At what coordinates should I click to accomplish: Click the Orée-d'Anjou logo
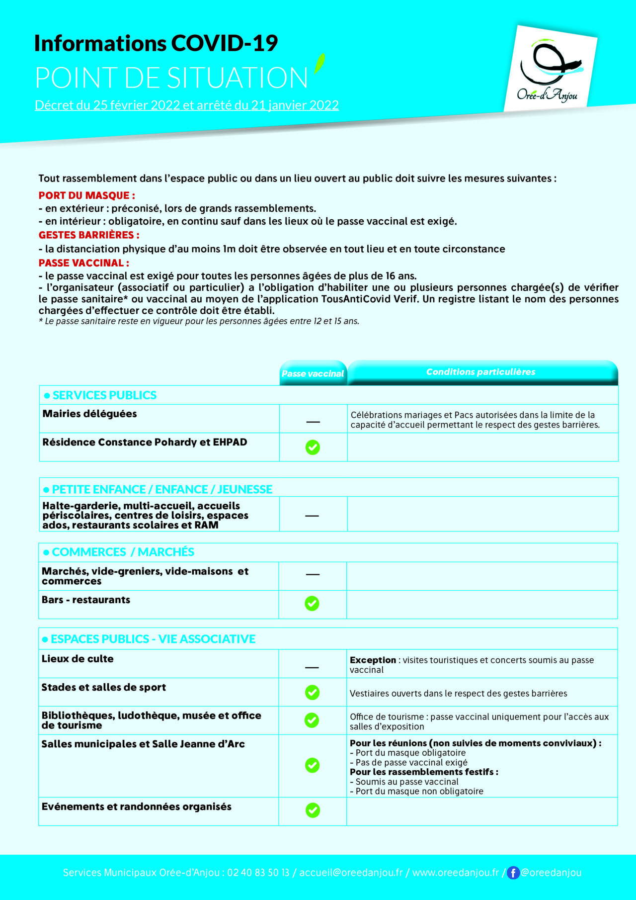(550, 69)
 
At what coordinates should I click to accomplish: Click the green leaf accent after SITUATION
(319, 64)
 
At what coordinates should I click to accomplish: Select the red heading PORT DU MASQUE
(87, 195)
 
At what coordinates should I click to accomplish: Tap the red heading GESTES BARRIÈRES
(89, 235)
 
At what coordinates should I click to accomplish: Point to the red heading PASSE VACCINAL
(84, 263)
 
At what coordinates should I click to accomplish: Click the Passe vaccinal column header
(313, 373)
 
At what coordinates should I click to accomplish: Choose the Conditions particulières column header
(480, 372)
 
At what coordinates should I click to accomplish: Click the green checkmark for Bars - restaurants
(312, 603)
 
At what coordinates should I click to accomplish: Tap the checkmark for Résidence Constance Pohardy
(313, 447)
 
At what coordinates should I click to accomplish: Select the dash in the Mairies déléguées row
(313, 422)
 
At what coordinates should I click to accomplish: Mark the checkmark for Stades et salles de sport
(312, 692)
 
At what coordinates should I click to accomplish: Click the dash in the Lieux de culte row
(312, 667)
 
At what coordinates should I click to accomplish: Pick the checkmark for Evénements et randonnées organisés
(313, 810)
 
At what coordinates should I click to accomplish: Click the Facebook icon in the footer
(513, 873)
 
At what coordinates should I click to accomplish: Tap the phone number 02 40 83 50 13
(258, 873)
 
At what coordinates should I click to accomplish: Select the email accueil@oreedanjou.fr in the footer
(351, 873)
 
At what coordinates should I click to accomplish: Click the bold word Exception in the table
(373, 660)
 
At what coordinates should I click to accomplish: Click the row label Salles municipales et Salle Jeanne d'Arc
(143, 744)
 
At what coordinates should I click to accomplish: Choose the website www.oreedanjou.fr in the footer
(455, 873)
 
